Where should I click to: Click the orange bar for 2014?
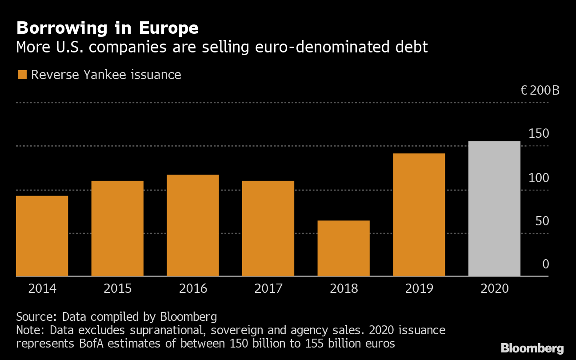pyautogui.click(x=42, y=236)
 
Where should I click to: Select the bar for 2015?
pyautogui.click(x=117, y=228)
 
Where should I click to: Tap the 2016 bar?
pyautogui.click(x=192, y=225)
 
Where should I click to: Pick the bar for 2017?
pyautogui.click(x=268, y=228)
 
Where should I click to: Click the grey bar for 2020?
pyautogui.click(x=494, y=208)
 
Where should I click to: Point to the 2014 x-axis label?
pyautogui.click(x=42, y=289)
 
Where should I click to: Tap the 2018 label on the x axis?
pyautogui.click(x=344, y=289)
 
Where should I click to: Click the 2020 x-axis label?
pyautogui.click(x=495, y=289)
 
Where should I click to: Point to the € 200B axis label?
pyautogui.click(x=540, y=91)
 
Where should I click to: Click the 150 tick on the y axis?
pyautogui.click(x=539, y=134)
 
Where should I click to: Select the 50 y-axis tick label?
pyautogui.click(x=542, y=221)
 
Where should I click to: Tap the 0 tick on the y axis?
pyautogui.click(x=545, y=264)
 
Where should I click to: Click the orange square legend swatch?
pyautogui.click(x=22, y=75)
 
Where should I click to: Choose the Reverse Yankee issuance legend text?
pyautogui.click(x=106, y=75)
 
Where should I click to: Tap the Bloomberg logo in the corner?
pyautogui.click(x=532, y=348)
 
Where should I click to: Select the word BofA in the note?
pyautogui.click(x=91, y=344)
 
